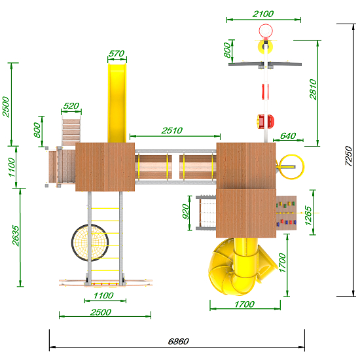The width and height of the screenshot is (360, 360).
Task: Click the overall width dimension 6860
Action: click(x=179, y=342)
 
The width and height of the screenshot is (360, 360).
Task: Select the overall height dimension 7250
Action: click(x=348, y=156)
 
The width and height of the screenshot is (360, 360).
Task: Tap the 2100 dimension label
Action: click(x=263, y=14)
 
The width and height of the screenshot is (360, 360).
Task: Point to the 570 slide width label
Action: click(x=117, y=54)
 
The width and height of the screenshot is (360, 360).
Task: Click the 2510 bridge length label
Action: click(x=172, y=131)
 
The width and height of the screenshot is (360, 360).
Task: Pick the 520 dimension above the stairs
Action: click(x=71, y=106)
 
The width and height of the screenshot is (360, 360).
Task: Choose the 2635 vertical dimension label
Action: click(x=16, y=236)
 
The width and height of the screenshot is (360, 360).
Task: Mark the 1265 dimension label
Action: click(x=308, y=216)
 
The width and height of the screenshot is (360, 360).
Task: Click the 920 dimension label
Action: click(x=185, y=211)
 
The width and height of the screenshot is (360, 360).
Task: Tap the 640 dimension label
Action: click(x=288, y=136)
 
